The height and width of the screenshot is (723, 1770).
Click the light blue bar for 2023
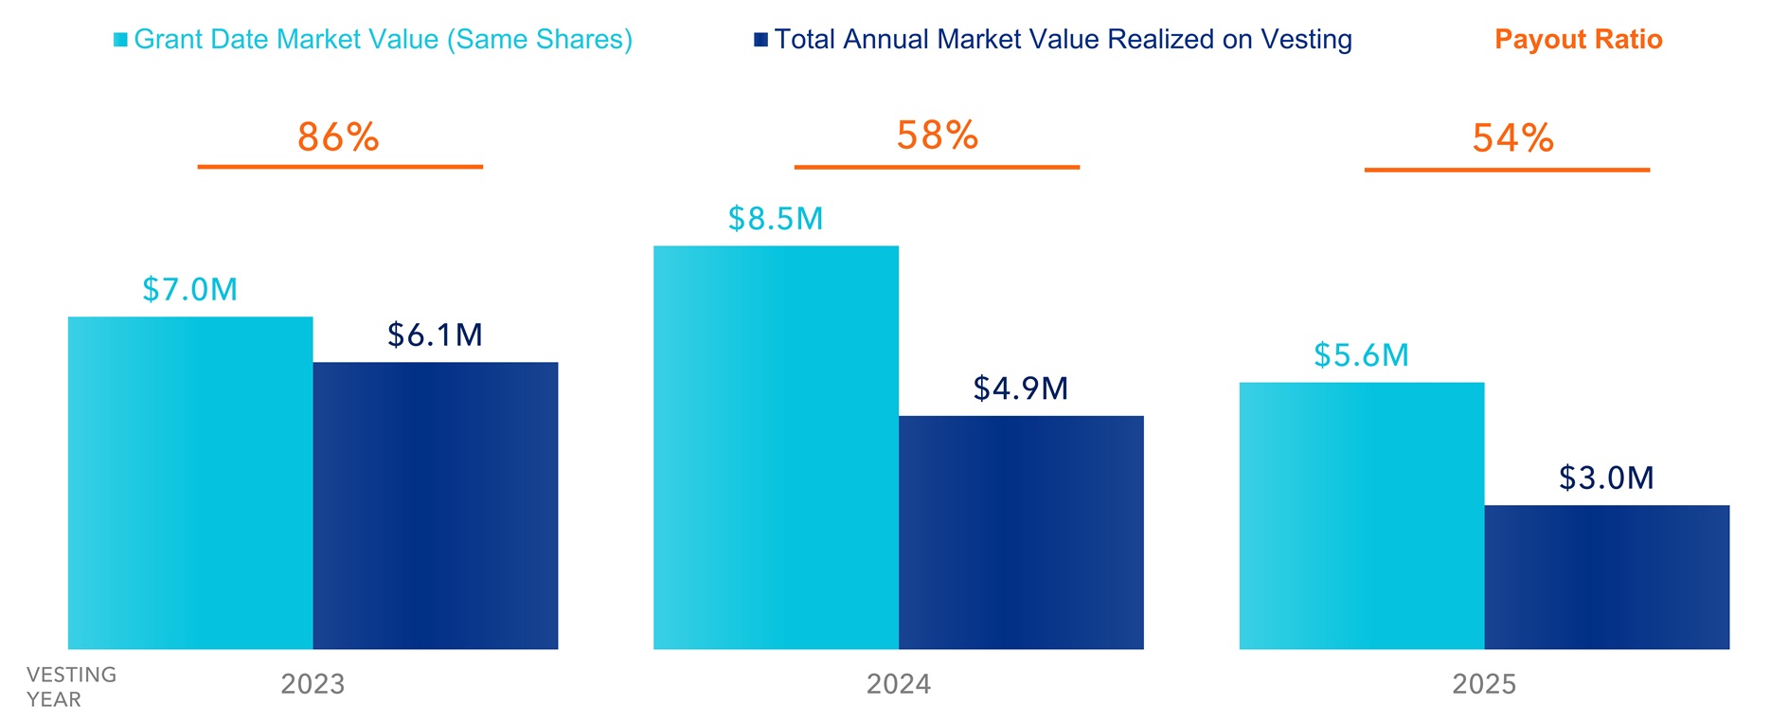pyautogui.click(x=190, y=482)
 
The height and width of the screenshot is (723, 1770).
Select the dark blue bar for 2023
pyautogui.click(x=436, y=505)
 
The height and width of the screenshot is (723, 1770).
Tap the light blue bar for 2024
pyautogui.click(x=776, y=447)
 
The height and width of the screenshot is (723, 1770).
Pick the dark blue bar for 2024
pyautogui.click(x=1021, y=532)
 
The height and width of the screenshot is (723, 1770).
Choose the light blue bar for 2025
pyautogui.click(x=1361, y=515)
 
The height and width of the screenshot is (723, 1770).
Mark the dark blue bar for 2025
pyautogui.click(x=1606, y=576)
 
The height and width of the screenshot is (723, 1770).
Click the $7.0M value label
pyautogui.click(x=190, y=289)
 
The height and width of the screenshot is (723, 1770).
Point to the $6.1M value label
pyautogui.click(x=436, y=334)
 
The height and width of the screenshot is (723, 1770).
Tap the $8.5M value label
pyautogui.click(x=776, y=219)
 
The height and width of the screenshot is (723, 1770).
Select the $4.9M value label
pyautogui.click(x=1021, y=389)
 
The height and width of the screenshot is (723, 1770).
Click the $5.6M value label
pyautogui.click(x=1361, y=355)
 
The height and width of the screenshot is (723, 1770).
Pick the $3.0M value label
pyautogui.click(x=1606, y=478)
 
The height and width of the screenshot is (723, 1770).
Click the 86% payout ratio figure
pyautogui.click(x=338, y=137)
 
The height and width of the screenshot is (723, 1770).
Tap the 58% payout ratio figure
pyautogui.click(x=938, y=136)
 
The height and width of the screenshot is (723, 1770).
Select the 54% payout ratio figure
pyautogui.click(x=1512, y=138)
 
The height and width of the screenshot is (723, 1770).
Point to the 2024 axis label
pyautogui.click(x=899, y=684)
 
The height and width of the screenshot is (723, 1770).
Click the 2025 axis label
pyautogui.click(x=1484, y=684)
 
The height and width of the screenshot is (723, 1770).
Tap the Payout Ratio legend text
pyautogui.click(x=1578, y=40)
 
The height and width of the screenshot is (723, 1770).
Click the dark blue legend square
pyautogui.click(x=760, y=40)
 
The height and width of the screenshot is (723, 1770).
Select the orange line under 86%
pyautogui.click(x=340, y=167)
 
